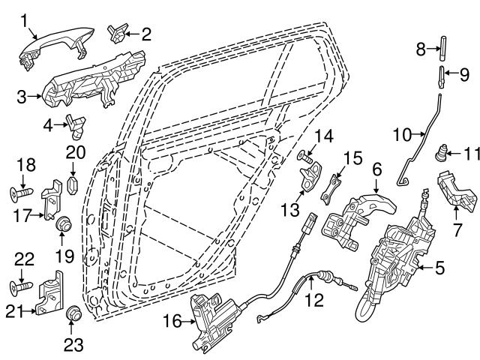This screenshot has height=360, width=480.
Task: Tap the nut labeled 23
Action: tap(73, 313)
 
